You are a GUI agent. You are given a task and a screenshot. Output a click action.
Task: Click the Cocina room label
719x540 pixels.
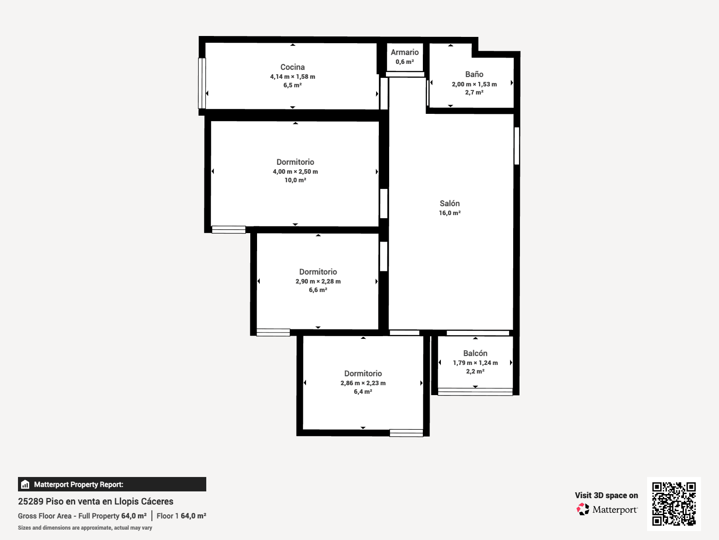pos(293,67)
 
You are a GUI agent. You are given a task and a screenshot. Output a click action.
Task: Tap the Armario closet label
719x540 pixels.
pos(404,52)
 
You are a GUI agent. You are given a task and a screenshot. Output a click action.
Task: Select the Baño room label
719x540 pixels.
pos(474,74)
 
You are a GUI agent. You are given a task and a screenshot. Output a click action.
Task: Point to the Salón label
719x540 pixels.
pos(449,203)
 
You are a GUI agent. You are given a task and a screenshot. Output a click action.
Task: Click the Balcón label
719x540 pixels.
pos(475,353)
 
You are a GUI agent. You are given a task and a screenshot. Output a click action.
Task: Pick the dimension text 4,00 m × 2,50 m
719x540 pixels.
pos(295,171)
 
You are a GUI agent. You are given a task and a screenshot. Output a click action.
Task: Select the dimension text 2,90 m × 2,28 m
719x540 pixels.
pos(318,281)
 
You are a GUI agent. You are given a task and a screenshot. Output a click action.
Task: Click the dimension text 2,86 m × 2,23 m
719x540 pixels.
pos(363,383)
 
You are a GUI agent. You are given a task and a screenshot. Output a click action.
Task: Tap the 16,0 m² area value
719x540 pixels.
pos(449,213)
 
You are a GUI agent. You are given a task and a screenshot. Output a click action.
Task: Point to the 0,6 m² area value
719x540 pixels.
pos(404,62)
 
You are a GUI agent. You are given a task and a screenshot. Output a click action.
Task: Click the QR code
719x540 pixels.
pos(674,504)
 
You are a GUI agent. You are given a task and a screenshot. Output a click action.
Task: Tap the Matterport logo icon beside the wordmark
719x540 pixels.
pos(582,509)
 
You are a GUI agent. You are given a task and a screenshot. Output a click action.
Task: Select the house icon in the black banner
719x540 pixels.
pos(25,484)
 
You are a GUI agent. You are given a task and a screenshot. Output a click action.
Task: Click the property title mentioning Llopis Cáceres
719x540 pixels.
pos(96,501)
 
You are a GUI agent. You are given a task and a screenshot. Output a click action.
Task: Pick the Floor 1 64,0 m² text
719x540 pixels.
pos(181,516)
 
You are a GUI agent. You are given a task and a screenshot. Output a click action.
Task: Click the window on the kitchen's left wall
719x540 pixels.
pos(202,83)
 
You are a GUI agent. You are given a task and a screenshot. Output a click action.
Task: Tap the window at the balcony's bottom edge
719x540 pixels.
pos(475,392)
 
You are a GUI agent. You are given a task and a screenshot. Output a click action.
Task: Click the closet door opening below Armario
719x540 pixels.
pos(405,74)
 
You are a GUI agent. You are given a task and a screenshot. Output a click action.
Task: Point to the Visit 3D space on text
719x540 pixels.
pos(606,495)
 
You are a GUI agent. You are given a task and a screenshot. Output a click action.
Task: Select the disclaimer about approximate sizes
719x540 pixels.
pos(85,528)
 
